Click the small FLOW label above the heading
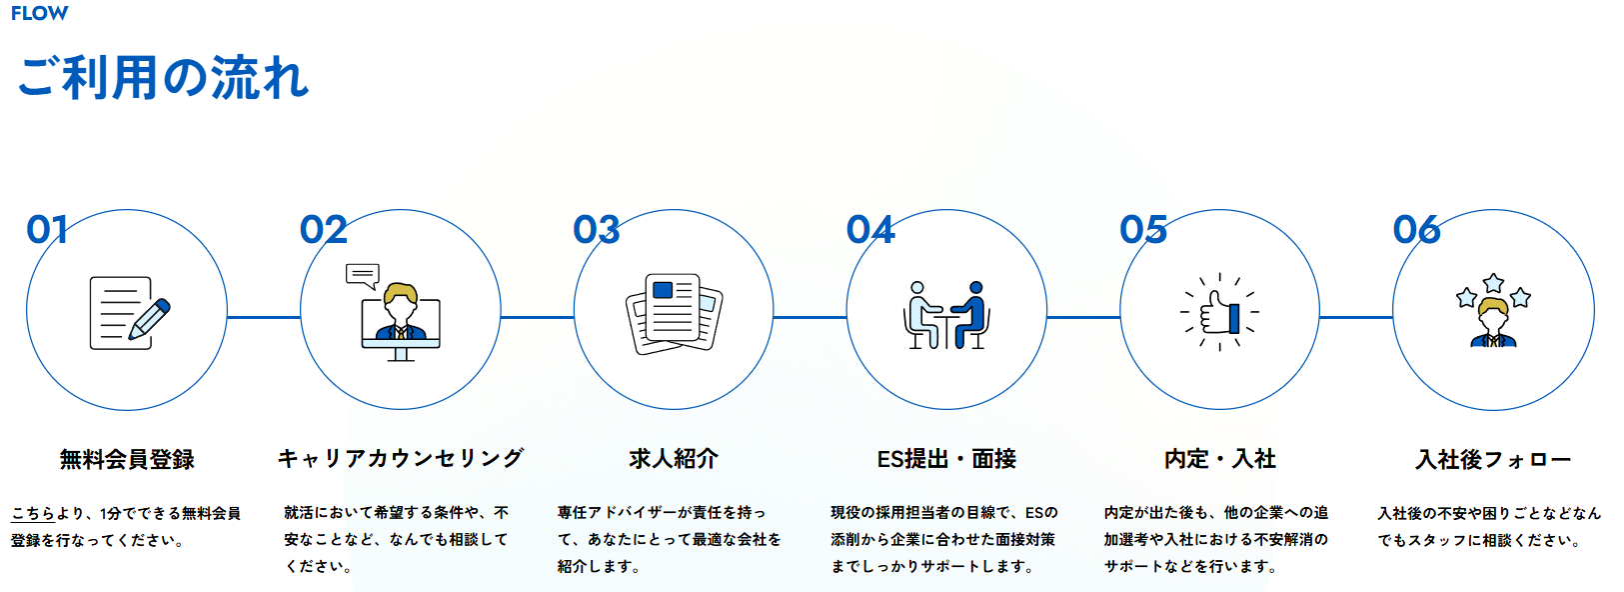(39, 13)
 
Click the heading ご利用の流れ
(163, 78)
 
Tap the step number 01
(47, 229)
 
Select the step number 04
(870, 229)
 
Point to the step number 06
(1417, 229)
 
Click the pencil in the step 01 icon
(149, 318)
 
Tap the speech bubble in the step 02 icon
(363, 276)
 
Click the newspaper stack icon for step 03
(675, 313)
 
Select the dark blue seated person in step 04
(971, 315)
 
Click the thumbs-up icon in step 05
(1219, 313)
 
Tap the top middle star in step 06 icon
(1493, 283)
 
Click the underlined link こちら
(33, 514)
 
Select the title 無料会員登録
(127, 459)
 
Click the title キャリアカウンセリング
(400, 459)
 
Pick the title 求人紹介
(674, 459)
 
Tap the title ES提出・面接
(946, 459)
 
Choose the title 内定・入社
(1220, 459)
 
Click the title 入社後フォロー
(1493, 459)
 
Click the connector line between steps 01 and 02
(264, 317)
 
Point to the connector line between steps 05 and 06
(1356, 317)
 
